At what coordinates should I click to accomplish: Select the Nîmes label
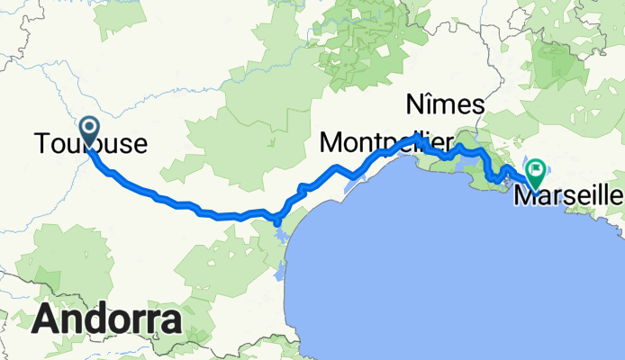tap(446, 103)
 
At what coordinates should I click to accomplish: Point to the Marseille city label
tap(567, 194)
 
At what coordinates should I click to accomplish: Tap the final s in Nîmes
tap(479, 105)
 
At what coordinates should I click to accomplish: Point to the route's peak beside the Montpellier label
tap(417, 137)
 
